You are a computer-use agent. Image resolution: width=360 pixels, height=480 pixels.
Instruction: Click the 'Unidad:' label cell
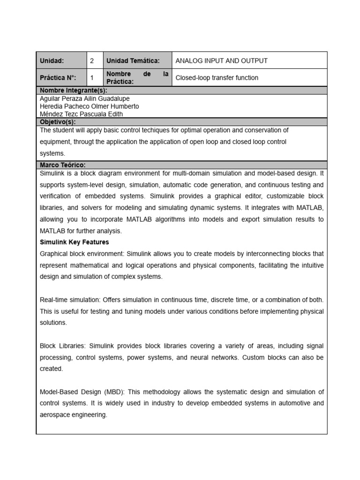click(52, 61)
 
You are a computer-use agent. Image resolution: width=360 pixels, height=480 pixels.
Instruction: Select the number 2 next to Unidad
click(92, 61)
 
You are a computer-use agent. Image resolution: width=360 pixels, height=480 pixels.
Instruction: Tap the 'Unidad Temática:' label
click(133, 61)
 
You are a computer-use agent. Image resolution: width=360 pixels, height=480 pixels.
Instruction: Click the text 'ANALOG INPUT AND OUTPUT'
click(221, 61)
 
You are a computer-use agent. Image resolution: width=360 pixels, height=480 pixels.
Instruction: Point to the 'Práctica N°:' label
click(58, 78)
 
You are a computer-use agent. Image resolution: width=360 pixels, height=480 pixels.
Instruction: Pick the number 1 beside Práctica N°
click(92, 78)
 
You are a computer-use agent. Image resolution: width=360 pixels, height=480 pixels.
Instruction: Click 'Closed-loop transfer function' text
click(217, 78)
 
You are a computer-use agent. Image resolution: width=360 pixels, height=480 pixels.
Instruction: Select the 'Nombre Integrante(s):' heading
click(74, 90)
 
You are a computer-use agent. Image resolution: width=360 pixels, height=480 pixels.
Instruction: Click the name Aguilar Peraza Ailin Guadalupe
click(85, 99)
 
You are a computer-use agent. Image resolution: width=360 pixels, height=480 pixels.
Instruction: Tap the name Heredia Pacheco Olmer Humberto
click(90, 106)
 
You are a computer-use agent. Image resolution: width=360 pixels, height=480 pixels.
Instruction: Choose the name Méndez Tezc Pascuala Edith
click(82, 114)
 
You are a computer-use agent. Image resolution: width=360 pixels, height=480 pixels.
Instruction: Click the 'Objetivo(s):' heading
click(58, 122)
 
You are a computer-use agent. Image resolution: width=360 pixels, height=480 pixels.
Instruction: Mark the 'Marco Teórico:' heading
click(63, 165)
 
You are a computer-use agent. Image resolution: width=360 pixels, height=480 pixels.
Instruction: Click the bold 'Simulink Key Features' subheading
click(75, 242)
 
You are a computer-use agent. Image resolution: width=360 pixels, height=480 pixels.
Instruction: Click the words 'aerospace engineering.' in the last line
click(74, 415)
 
